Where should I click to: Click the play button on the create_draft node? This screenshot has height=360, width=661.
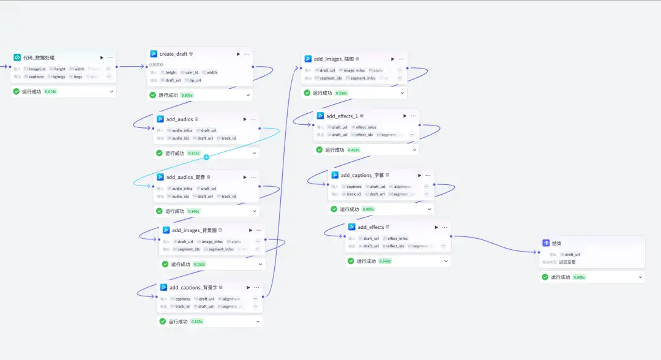(x=239, y=54)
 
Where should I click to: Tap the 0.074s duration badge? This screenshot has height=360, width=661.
(x=50, y=92)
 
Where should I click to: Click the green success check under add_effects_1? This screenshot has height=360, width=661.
(x=319, y=149)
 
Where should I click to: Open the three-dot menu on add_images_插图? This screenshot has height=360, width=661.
(x=401, y=59)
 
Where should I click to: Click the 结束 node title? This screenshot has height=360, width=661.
(x=556, y=243)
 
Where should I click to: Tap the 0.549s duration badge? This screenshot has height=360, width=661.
(x=384, y=261)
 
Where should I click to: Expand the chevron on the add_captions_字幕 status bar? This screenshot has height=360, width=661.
(x=429, y=209)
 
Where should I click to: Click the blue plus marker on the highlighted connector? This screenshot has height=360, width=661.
(x=206, y=157)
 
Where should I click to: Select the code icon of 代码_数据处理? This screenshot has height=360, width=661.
(x=17, y=58)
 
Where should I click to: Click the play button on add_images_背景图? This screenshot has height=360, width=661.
(x=250, y=230)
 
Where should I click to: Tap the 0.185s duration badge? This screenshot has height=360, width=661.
(x=197, y=321)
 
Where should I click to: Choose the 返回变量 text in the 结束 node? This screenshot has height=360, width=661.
(x=567, y=262)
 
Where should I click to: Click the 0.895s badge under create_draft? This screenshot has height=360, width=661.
(x=187, y=95)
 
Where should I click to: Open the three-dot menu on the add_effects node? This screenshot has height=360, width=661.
(x=445, y=227)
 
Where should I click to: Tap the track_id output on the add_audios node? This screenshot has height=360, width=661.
(x=228, y=138)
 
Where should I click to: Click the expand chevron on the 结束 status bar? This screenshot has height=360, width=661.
(x=640, y=277)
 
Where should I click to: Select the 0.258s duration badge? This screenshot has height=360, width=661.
(x=341, y=93)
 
